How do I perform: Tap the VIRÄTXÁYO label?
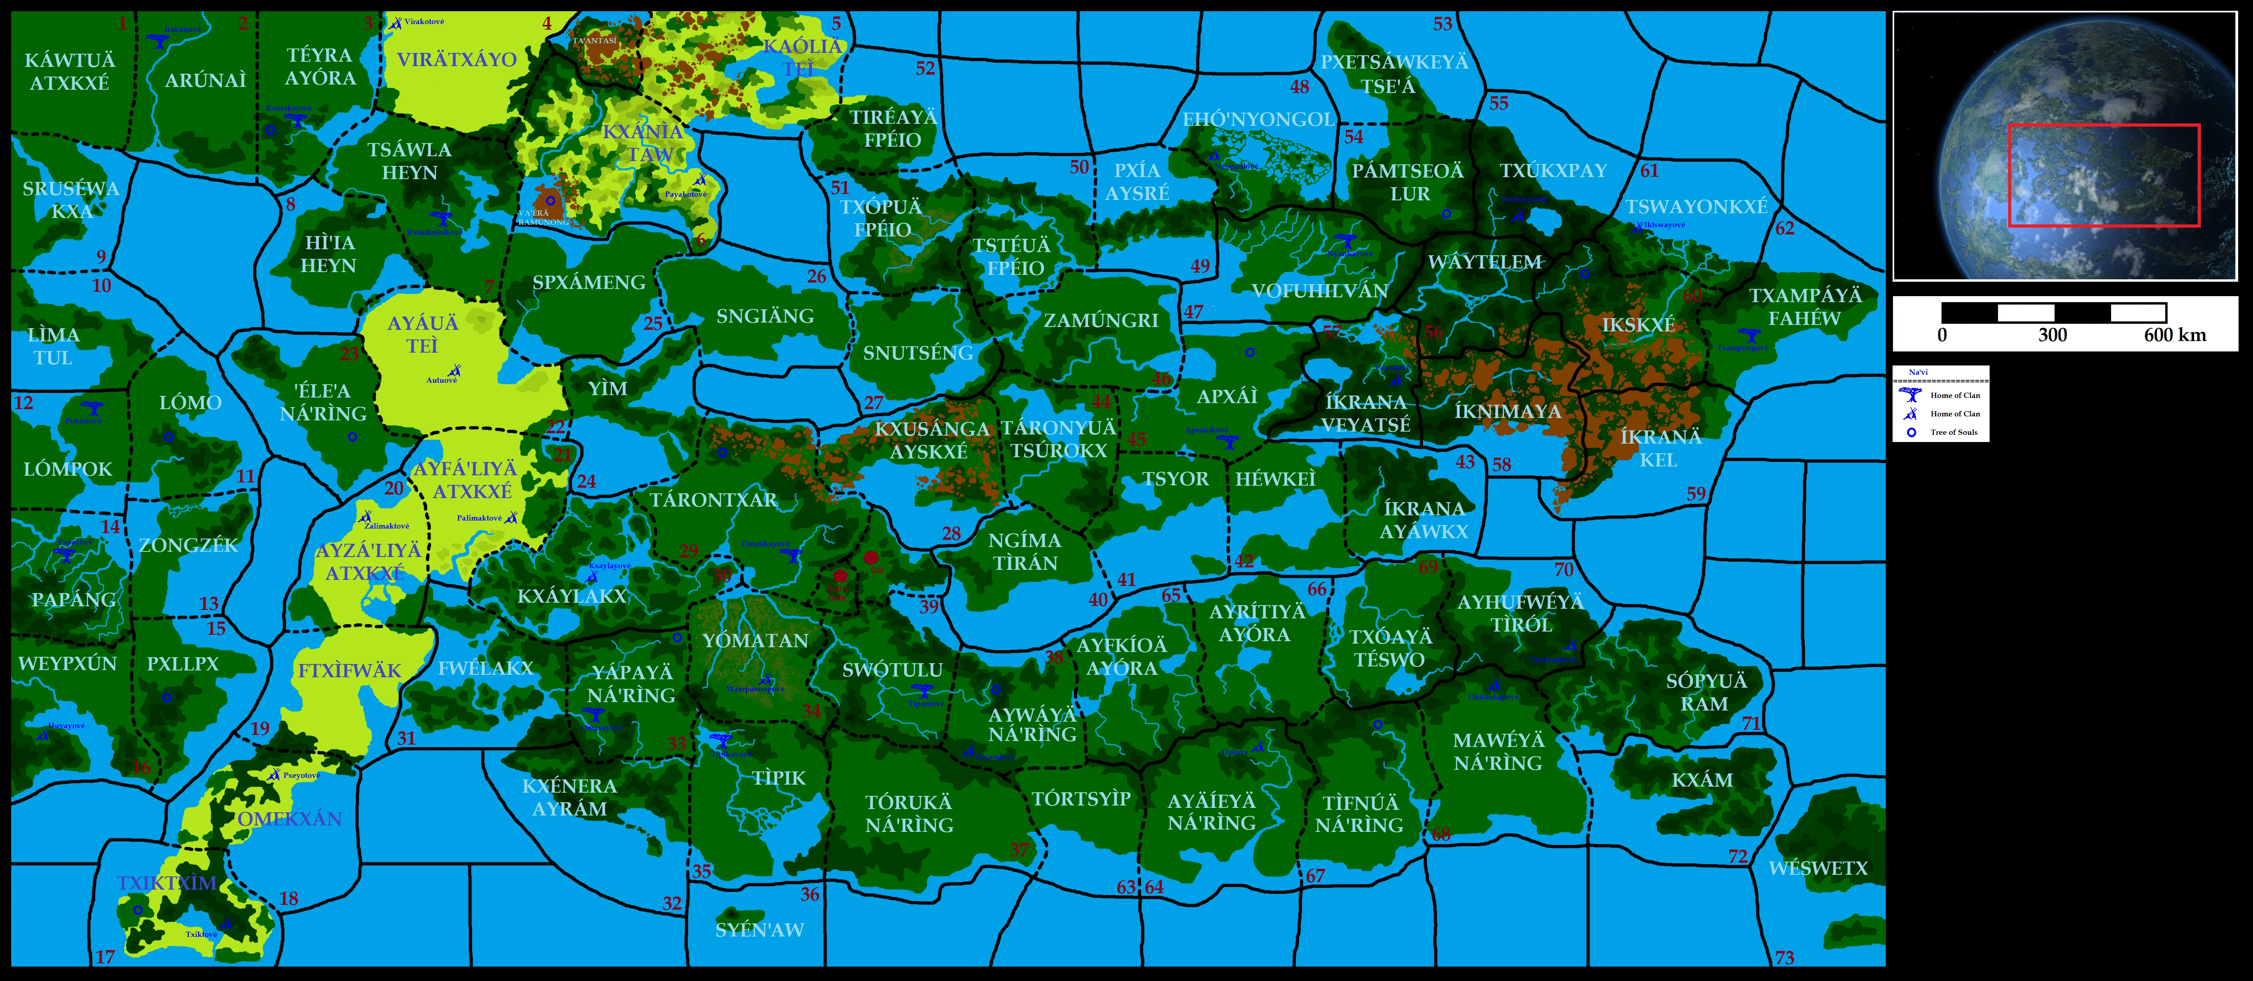click(x=457, y=59)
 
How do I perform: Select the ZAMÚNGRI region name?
click(x=1100, y=321)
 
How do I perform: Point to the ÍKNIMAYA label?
click(x=1507, y=411)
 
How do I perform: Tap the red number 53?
click(x=1442, y=24)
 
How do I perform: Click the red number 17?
click(x=105, y=957)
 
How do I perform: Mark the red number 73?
click(x=1784, y=957)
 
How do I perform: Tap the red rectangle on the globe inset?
click(x=2103, y=175)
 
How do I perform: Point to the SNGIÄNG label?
click(x=764, y=317)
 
